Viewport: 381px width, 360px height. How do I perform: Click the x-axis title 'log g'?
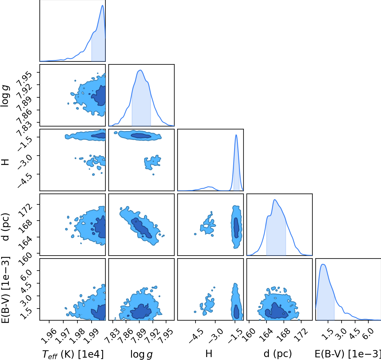(x=141, y=354)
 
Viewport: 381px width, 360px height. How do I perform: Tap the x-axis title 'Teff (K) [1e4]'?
(x=73, y=354)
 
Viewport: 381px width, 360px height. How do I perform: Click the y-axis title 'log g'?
(x=5, y=96)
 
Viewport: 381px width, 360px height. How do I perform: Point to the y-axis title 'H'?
(x=5, y=162)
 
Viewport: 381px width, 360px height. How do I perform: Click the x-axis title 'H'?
(x=209, y=354)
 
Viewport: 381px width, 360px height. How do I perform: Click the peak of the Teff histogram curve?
(x=102, y=5)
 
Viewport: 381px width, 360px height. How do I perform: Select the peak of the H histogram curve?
(x=236, y=135)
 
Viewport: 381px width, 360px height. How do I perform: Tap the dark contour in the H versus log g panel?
(x=141, y=136)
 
